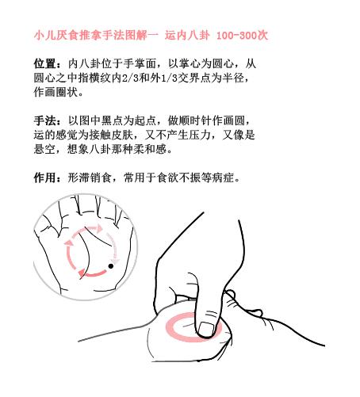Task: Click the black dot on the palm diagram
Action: click(x=110, y=265)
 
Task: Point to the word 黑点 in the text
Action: click(x=117, y=120)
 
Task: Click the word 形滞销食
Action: click(x=94, y=178)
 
